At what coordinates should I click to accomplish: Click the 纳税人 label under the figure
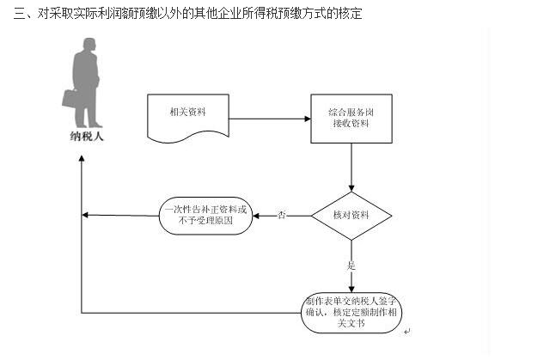pyautogui.click(x=86, y=136)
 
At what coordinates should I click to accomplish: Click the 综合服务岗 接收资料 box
pyautogui.click(x=351, y=119)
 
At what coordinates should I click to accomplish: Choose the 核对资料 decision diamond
pyautogui.click(x=351, y=215)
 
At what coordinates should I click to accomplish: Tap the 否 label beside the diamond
pyautogui.click(x=282, y=215)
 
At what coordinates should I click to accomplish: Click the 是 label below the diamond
pyautogui.click(x=351, y=265)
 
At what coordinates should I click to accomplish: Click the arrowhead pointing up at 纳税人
pyautogui.click(x=82, y=158)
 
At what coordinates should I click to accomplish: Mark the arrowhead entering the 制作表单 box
pyautogui.click(x=351, y=288)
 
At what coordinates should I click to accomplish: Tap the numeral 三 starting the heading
pyautogui.click(x=9, y=15)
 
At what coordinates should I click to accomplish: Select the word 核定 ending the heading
pyautogui.click(x=350, y=15)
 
